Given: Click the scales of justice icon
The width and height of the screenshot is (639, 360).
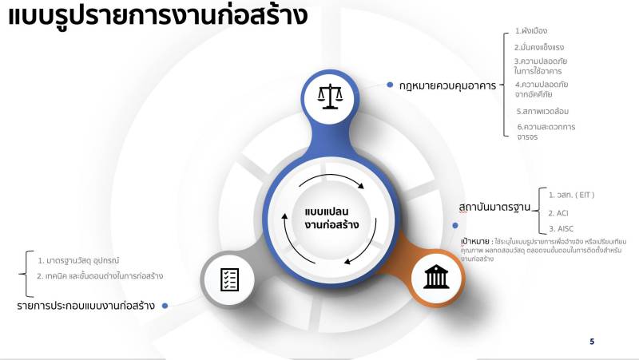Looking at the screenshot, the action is pyautogui.click(x=330, y=97).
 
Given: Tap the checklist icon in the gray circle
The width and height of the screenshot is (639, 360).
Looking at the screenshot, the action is pyautogui.click(x=229, y=279).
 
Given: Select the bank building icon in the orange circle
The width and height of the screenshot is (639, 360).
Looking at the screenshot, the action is pyautogui.click(x=436, y=277).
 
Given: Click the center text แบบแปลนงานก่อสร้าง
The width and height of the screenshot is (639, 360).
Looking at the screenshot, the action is pyautogui.click(x=331, y=218).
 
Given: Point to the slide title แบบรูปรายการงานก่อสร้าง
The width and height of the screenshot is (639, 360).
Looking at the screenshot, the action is pyautogui.click(x=158, y=15).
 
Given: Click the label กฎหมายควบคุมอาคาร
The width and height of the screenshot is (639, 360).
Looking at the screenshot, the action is pyautogui.click(x=447, y=85).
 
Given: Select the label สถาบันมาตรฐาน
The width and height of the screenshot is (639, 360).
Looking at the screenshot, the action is pyautogui.click(x=494, y=207).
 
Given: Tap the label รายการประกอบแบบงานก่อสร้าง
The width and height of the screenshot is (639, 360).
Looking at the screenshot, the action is pyautogui.click(x=86, y=306).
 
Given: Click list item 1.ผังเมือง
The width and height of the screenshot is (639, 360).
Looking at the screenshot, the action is pyautogui.click(x=530, y=30).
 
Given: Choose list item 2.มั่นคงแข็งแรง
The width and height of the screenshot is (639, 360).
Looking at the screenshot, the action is pyautogui.click(x=538, y=47).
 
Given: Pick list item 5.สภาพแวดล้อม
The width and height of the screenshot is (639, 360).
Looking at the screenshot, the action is pyautogui.click(x=542, y=111).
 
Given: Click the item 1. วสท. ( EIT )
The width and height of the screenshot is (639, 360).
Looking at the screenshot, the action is pyautogui.click(x=571, y=195).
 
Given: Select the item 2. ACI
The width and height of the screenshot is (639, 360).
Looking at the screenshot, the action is pyautogui.click(x=558, y=213).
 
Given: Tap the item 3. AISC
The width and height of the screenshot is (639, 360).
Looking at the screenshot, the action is pyautogui.click(x=561, y=229).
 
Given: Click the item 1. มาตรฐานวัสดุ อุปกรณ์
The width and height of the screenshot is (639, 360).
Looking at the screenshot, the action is pyautogui.click(x=78, y=261).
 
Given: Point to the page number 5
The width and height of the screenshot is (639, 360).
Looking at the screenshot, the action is pyautogui.click(x=592, y=342).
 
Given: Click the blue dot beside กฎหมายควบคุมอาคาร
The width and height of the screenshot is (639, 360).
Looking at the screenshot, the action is pyautogui.click(x=390, y=85).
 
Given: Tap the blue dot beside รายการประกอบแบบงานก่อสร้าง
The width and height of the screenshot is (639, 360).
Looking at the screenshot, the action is pyautogui.click(x=165, y=306).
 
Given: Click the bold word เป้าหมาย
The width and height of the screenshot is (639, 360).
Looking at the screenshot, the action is pyautogui.click(x=474, y=242).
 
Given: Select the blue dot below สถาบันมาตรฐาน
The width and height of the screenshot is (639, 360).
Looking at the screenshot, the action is pyautogui.click(x=455, y=225).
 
